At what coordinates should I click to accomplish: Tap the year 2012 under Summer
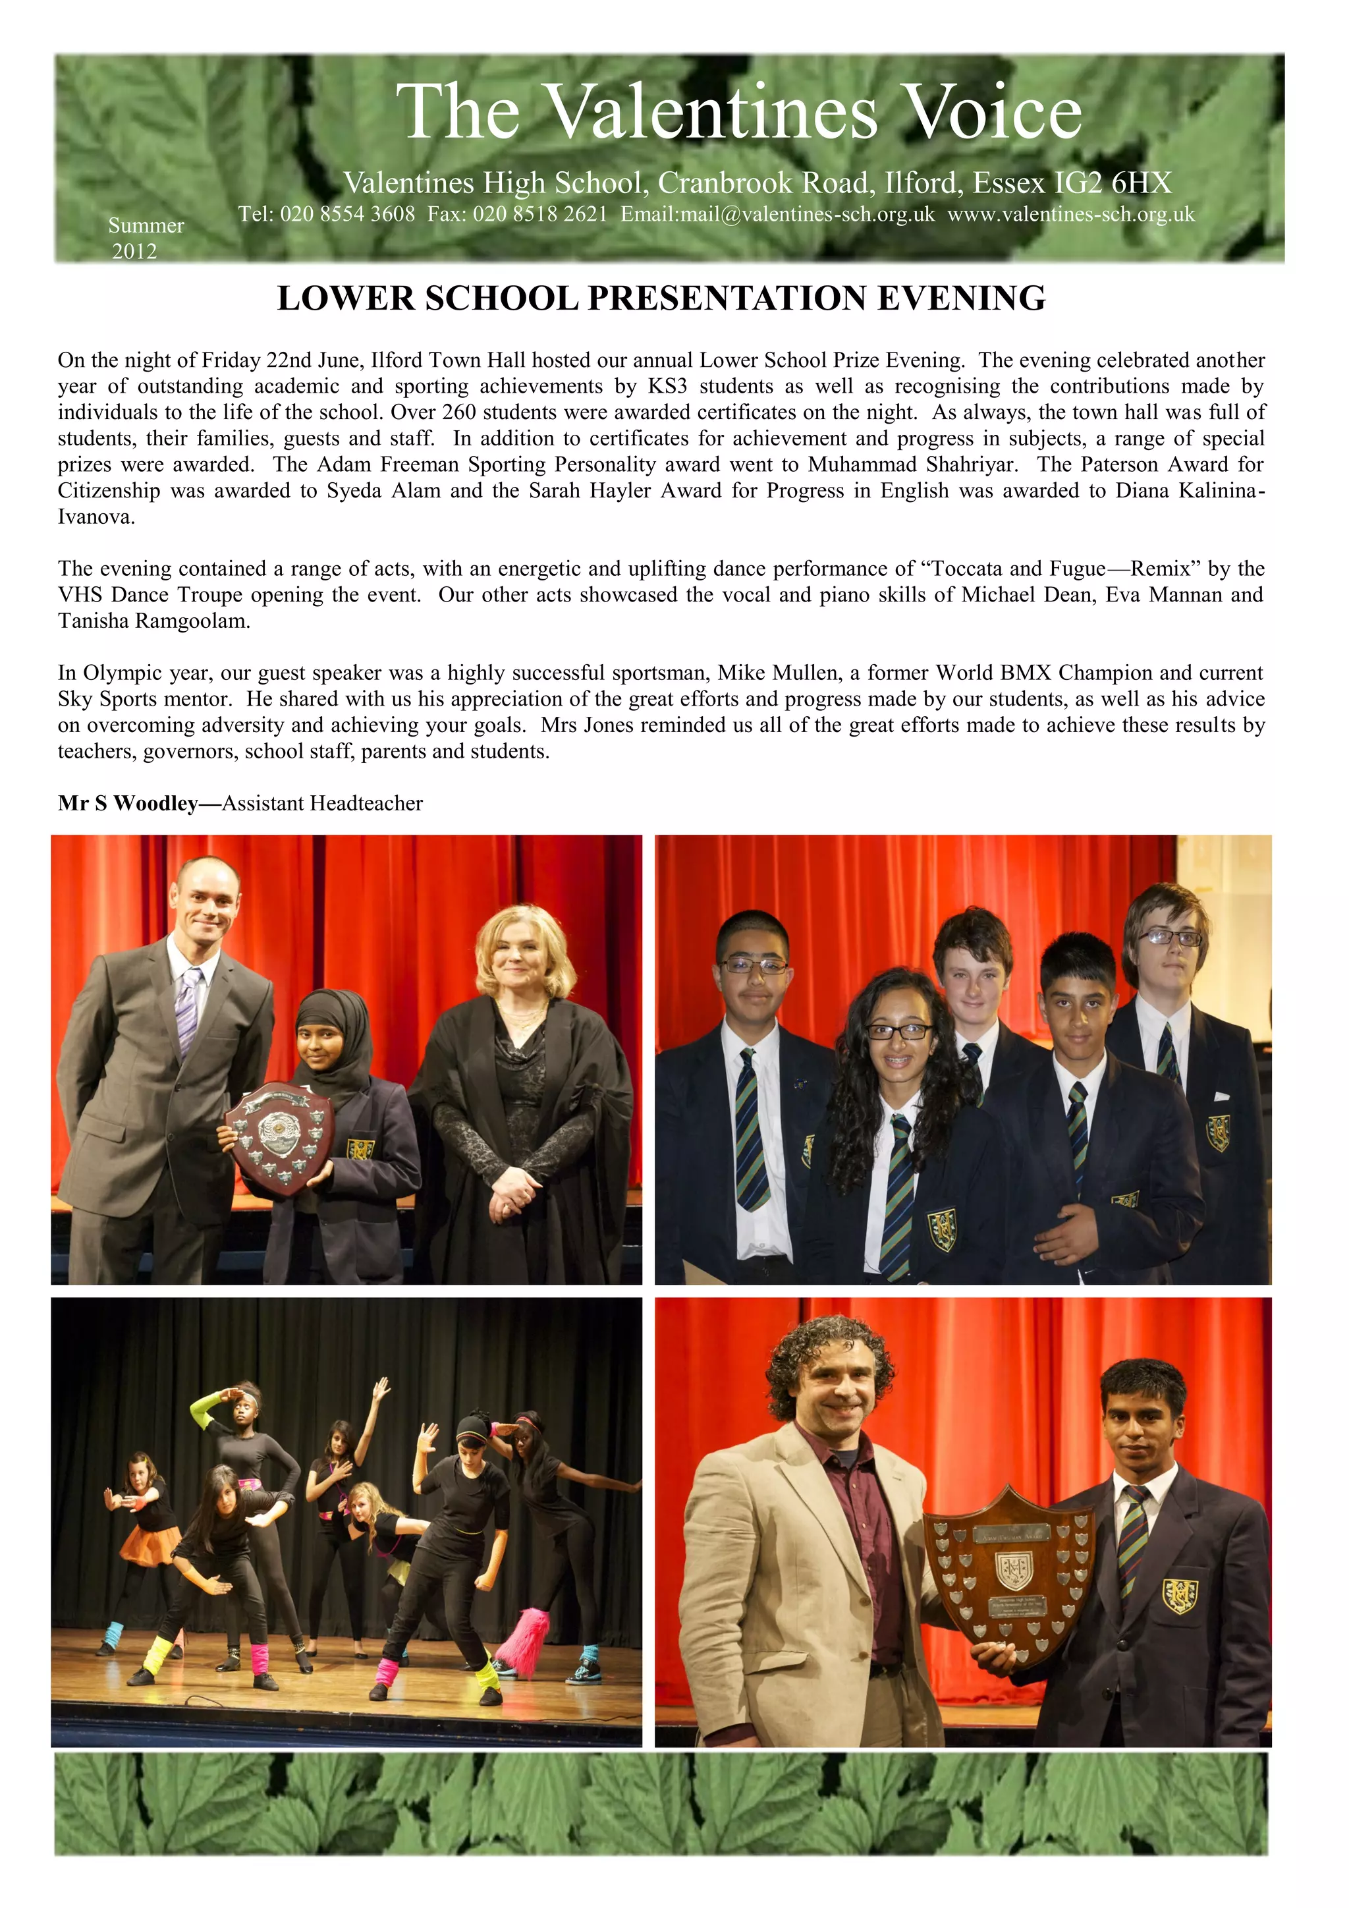coord(134,251)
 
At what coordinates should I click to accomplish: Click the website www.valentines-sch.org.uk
coord(1071,214)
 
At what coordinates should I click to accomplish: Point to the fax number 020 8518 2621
coord(540,214)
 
